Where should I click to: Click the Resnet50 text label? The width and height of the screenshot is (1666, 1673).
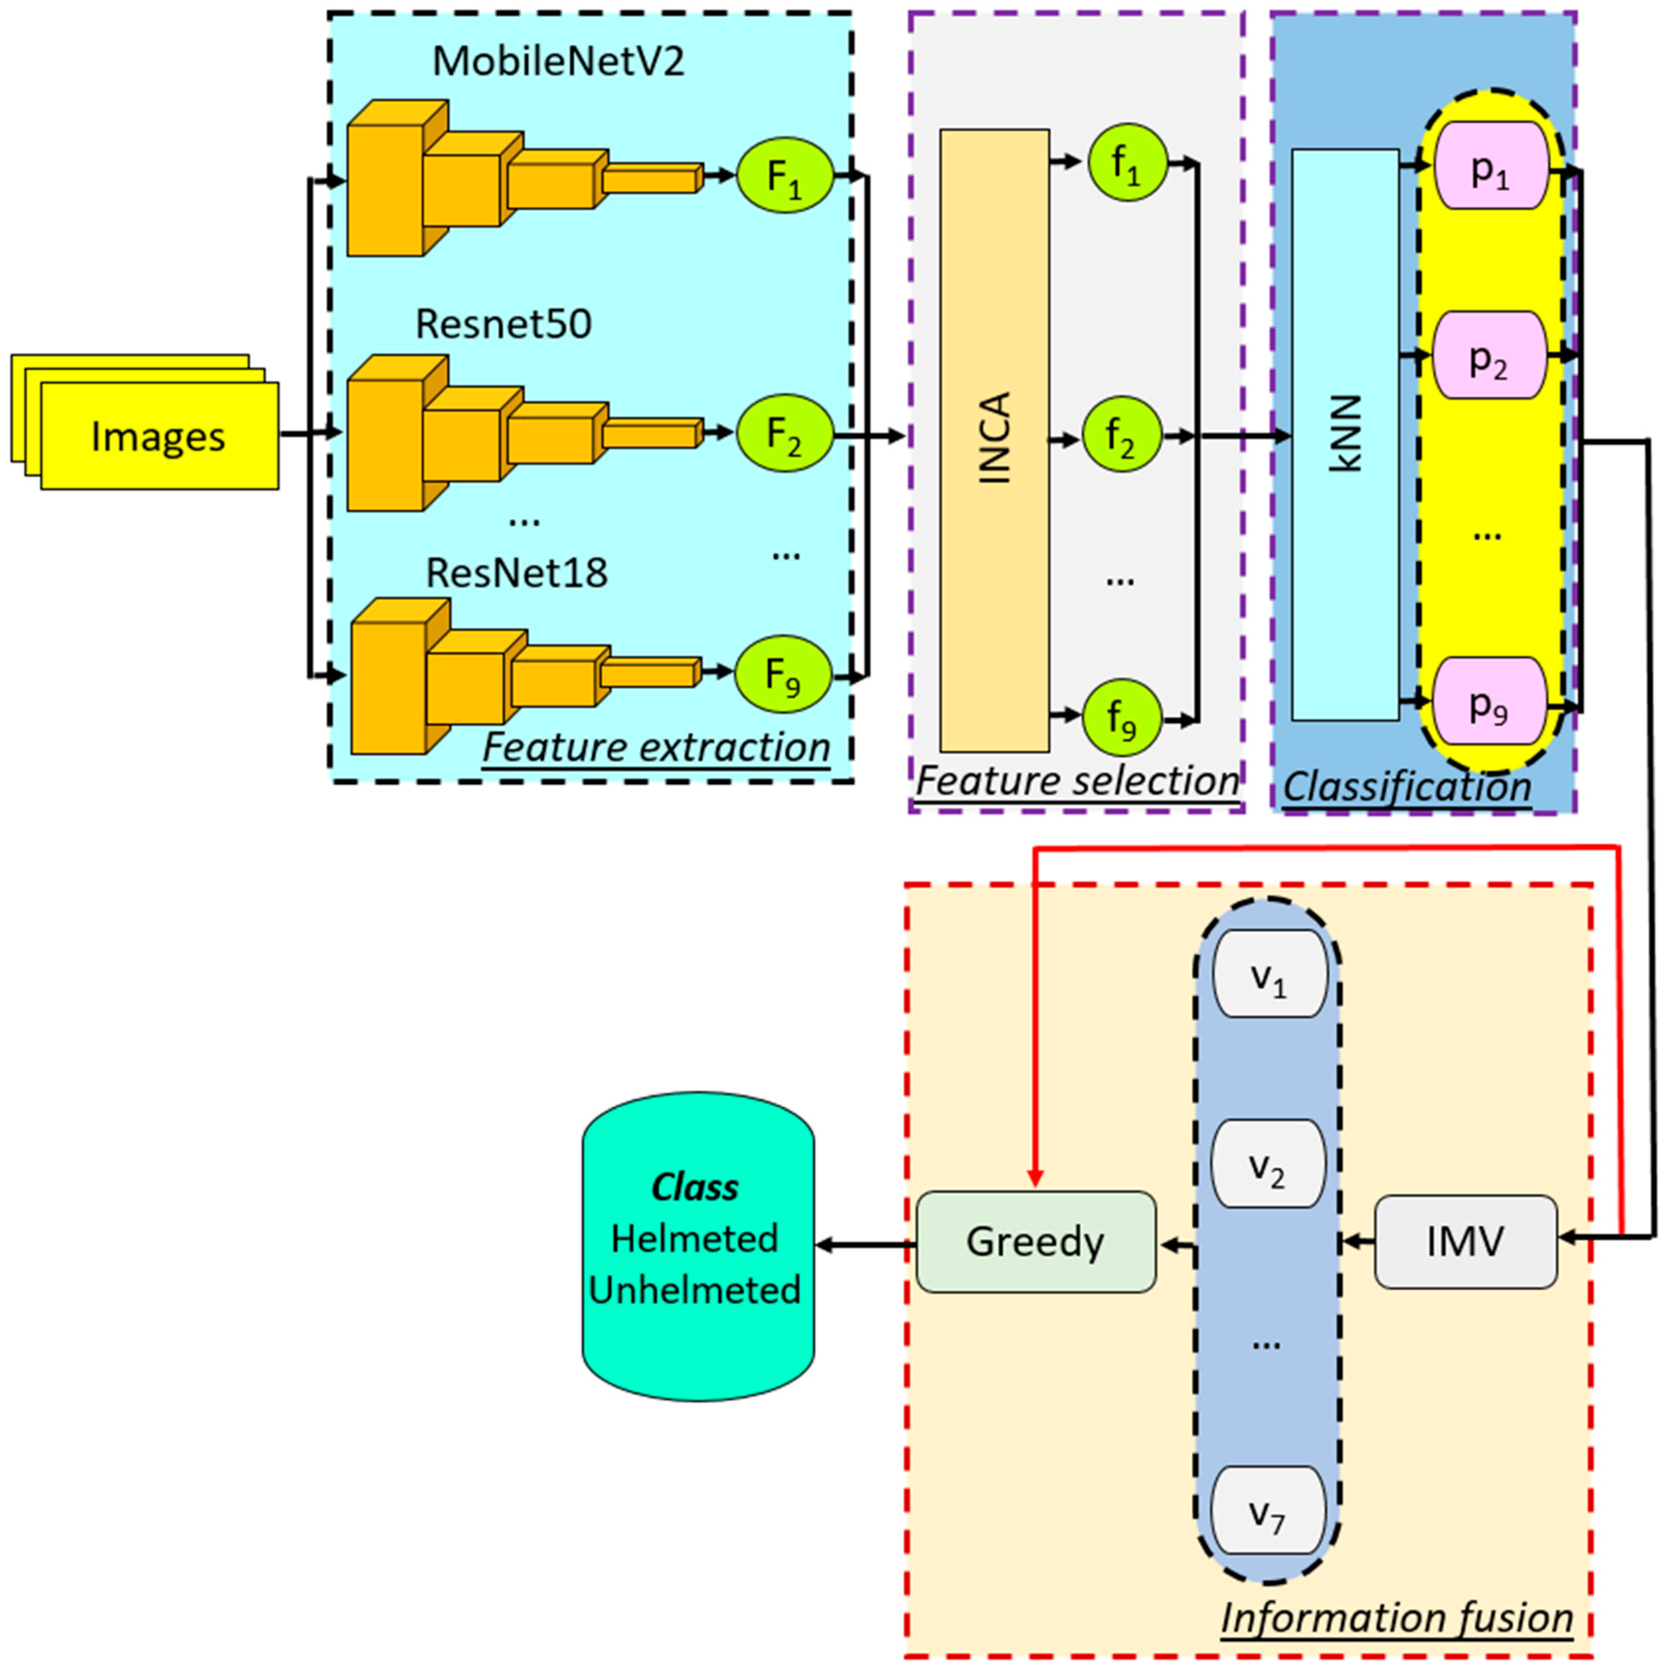(504, 325)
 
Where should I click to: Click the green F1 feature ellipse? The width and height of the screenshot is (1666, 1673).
(784, 176)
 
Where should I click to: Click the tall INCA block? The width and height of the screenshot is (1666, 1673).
(994, 440)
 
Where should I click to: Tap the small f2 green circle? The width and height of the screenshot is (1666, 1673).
(1122, 435)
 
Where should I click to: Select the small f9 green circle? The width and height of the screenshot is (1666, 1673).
(1122, 717)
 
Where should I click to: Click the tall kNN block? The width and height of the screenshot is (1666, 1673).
(1345, 435)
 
